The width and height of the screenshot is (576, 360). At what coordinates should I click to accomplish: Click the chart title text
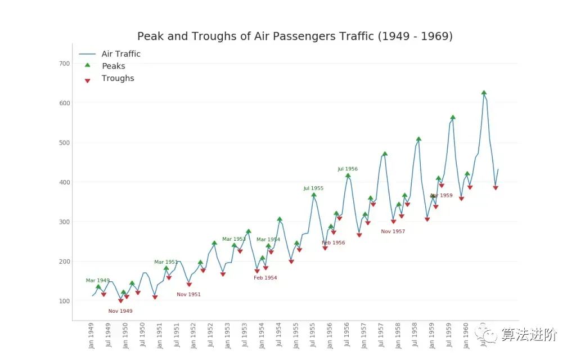pos(295,37)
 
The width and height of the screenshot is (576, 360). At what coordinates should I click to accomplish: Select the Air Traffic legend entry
pos(121,54)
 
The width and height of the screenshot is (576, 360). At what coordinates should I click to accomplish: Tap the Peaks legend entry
pos(113,66)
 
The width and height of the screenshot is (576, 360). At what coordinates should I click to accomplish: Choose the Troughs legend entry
pos(118,79)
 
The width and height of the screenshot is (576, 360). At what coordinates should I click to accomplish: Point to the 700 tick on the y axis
pos(64,64)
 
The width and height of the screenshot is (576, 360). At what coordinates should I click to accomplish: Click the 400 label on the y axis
pos(64,182)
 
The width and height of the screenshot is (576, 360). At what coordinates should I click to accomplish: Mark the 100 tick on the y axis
pos(64,301)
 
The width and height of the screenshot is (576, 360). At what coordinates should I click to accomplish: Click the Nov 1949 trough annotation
pos(120,311)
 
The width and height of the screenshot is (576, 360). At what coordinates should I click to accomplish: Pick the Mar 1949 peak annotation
pos(98,281)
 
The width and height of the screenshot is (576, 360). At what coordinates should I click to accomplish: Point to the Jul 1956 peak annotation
pos(348,169)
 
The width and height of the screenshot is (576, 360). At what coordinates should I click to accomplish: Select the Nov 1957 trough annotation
pos(393,232)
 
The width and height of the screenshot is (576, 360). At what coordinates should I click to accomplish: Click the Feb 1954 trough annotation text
pos(265,278)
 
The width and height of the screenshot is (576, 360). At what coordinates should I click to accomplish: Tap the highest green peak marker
pos(484,93)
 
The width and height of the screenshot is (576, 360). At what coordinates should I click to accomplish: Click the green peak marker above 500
pos(418,139)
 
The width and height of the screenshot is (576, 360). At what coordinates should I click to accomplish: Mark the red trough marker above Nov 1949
pos(121,301)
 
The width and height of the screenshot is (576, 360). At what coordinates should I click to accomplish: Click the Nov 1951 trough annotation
pos(188,295)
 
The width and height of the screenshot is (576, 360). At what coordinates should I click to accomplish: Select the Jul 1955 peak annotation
pos(313,188)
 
